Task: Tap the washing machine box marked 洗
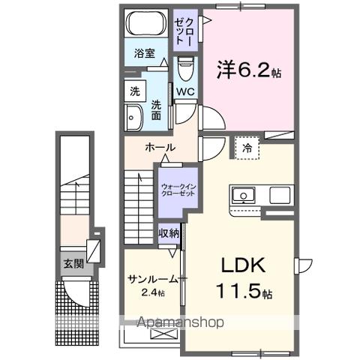(135, 91)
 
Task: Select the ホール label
(160, 147)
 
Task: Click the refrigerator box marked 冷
(247, 148)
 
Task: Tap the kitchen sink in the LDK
(244, 196)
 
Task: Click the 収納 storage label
(168, 233)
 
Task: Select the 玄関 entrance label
(73, 263)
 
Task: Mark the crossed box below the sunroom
(160, 334)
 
